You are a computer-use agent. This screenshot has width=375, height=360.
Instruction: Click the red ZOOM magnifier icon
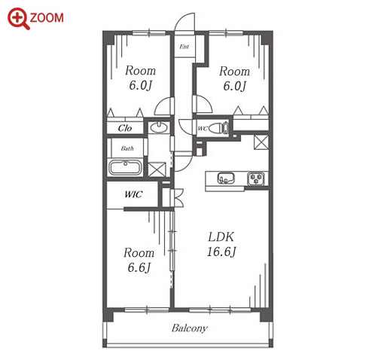18,19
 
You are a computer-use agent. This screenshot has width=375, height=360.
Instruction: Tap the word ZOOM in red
47,18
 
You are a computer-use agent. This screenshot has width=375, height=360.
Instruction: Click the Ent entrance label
184,47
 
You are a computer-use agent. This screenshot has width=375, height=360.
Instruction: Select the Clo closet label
125,128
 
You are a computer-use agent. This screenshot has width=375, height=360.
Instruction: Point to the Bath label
127,148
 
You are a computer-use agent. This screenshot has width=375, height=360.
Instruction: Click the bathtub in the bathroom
125,167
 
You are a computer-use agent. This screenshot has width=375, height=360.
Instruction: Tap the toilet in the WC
218,128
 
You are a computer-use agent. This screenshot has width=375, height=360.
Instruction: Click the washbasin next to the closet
159,127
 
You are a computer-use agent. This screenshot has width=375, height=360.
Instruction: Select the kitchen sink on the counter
226,178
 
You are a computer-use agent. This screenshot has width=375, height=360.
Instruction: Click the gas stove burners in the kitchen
256,178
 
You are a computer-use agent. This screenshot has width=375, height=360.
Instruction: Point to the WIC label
133,194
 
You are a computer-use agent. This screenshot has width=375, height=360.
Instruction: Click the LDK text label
221,236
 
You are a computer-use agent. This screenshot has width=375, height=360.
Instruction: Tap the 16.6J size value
221,252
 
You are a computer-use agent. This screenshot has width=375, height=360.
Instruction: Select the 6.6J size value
139,267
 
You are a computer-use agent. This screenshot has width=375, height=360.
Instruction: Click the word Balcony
190,328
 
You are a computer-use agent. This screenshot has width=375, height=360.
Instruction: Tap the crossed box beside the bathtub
157,169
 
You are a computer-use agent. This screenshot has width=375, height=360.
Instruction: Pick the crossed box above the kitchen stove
261,142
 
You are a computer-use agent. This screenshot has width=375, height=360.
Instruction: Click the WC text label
203,129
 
